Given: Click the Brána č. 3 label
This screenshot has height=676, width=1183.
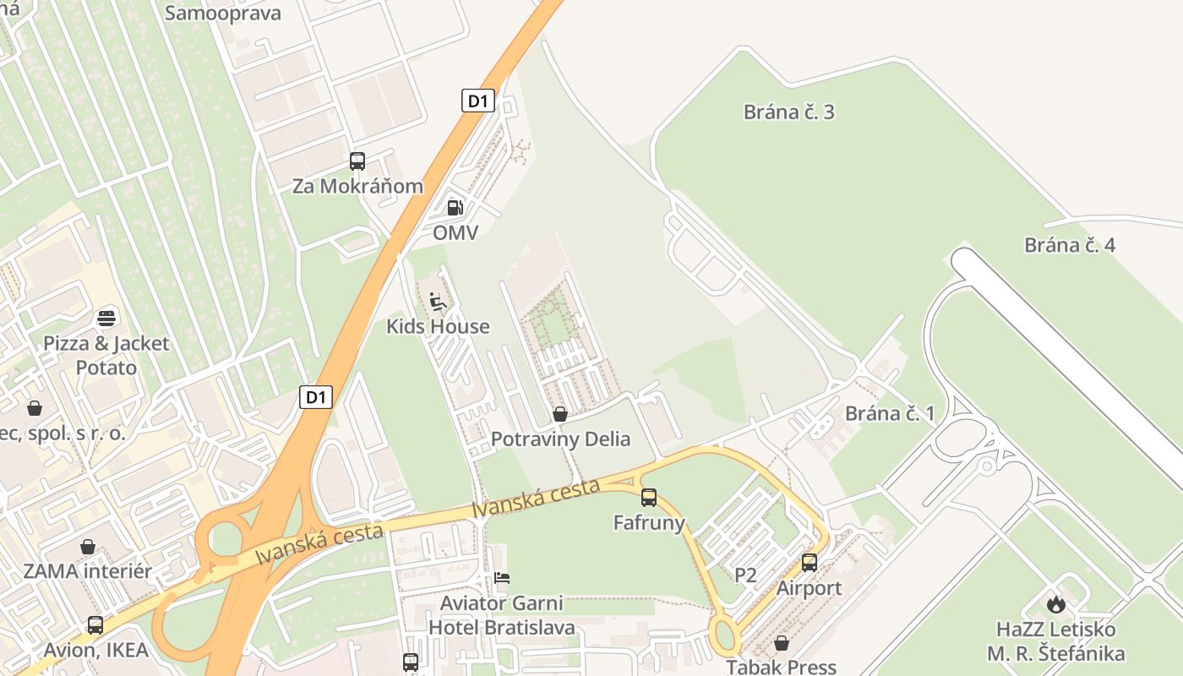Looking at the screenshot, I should click(x=788, y=112).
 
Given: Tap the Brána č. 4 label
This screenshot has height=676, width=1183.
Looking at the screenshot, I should click(x=1070, y=245).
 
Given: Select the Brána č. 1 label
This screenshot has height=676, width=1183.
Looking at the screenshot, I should click(x=890, y=413).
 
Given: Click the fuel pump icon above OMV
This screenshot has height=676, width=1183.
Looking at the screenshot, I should click(x=455, y=207).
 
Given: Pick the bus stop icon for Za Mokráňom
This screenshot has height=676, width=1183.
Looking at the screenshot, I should click(x=357, y=161).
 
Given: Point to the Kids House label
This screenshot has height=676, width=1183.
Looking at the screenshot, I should click(x=438, y=326).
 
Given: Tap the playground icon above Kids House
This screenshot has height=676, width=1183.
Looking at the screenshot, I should click(x=438, y=302).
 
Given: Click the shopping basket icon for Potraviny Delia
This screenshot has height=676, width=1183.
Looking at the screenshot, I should click(x=559, y=414).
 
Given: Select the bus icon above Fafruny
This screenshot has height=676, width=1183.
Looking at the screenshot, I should click(x=648, y=498).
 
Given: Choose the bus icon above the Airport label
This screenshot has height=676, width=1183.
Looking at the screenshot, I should click(x=809, y=563).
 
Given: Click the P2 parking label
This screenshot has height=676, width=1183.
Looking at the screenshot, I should click(x=745, y=575).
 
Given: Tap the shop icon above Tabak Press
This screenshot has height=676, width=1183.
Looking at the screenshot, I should click(x=781, y=643).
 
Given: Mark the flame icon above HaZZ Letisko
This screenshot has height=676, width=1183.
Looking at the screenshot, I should click(x=1055, y=604).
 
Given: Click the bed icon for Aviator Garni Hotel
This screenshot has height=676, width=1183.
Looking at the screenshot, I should click(x=502, y=579).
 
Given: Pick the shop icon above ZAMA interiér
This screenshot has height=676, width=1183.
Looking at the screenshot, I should click(x=87, y=547).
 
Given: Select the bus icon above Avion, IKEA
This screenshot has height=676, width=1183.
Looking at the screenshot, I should click(x=95, y=625).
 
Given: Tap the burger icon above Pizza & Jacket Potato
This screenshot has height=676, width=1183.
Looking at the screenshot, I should click(x=106, y=319).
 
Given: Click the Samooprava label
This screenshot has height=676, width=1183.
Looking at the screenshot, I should click(x=223, y=13).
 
